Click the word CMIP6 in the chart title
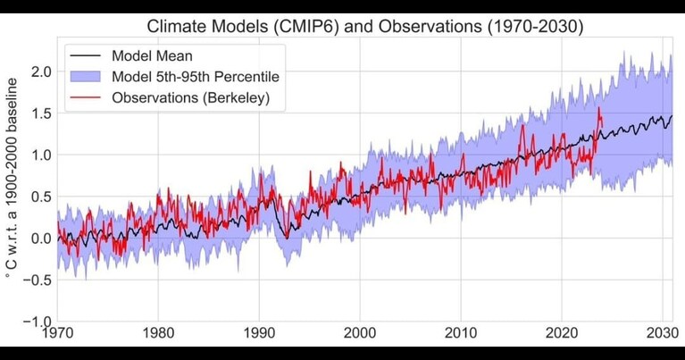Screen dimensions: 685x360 [308, 26]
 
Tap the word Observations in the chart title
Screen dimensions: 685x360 [430, 26]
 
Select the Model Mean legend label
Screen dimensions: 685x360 [152, 56]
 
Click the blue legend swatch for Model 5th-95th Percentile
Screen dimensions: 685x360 [85, 77]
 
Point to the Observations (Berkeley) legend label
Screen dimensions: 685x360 [191, 97]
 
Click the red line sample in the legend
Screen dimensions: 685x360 [85, 97]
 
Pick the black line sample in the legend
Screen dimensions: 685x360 [85, 56]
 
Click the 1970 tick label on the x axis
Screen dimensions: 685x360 [57, 333]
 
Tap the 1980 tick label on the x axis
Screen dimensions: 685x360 [158, 333]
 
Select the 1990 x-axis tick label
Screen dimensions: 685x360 [259, 333]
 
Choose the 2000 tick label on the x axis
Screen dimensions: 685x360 [360, 333]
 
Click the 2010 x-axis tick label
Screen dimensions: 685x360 [461, 333]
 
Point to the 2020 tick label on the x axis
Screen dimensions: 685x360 [562, 333]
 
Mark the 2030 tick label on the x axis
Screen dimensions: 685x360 [663, 333]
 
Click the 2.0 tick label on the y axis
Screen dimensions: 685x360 [41, 71]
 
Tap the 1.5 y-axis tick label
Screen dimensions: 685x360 [41, 113]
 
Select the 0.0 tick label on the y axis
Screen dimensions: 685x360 [41, 239]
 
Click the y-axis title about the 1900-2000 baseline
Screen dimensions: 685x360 [12, 179]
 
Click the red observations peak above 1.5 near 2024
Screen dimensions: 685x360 [598, 108]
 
